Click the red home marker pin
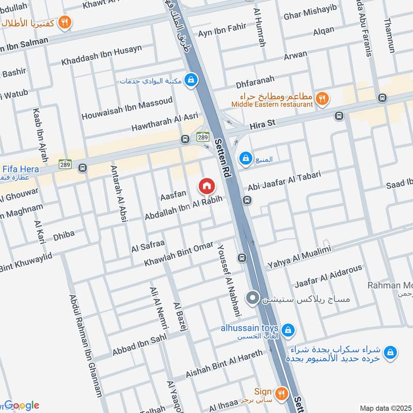pyautogui.click(x=206, y=186)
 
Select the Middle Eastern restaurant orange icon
pyautogui.click(x=322, y=98)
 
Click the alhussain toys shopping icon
pyautogui.click(x=288, y=329)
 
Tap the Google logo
pyautogui.click(x=22, y=405)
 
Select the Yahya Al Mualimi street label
pyautogui.click(x=298, y=257)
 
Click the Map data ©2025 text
pyautogui.click(x=384, y=408)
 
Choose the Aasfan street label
pyautogui.click(x=173, y=195)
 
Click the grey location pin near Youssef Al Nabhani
pyautogui.click(x=252, y=298)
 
